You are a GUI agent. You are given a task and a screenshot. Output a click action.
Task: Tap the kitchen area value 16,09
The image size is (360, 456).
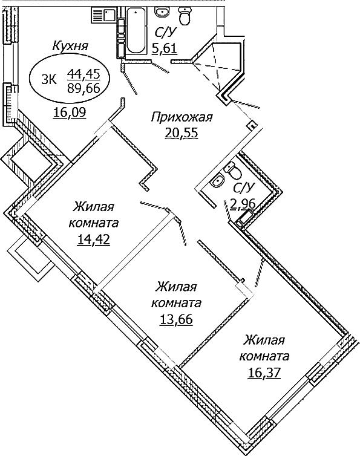tap(70, 112)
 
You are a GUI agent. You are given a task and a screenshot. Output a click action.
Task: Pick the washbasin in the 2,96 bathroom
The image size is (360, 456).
tap(217, 179)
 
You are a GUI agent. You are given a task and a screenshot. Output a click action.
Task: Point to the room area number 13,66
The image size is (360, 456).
tap(177, 319)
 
